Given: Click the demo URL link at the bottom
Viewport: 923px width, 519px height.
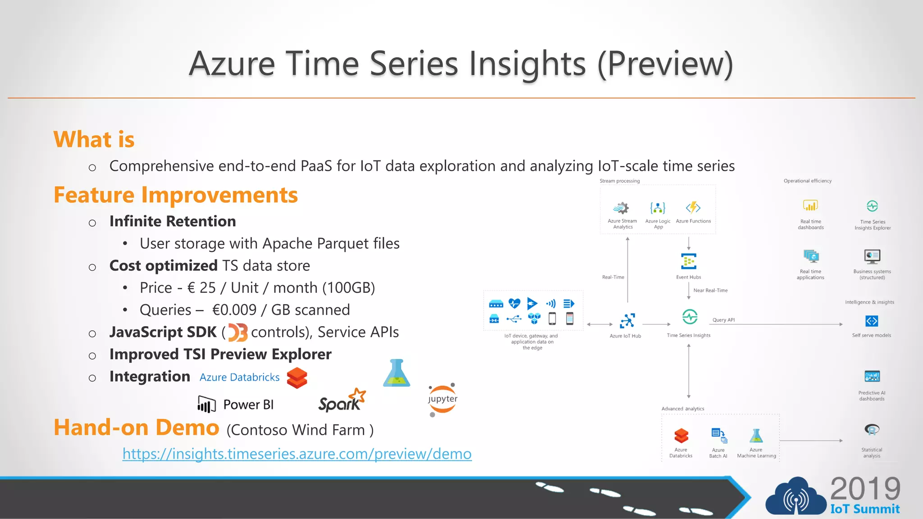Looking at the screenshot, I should click(x=297, y=454).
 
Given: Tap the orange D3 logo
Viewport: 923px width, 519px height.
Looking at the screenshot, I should click(x=238, y=333).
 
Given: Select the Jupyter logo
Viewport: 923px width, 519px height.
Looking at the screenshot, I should click(x=442, y=399).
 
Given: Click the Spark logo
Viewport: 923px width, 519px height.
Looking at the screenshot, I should click(x=341, y=401).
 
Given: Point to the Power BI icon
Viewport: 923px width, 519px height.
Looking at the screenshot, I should click(x=206, y=404).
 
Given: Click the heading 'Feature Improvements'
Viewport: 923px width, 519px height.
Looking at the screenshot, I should click(x=175, y=195).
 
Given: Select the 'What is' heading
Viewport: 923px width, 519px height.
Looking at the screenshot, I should click(x=94, y=139).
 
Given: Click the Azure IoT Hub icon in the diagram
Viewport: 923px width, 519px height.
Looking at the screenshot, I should click(x=627, y=321).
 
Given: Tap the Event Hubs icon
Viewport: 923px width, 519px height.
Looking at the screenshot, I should click(x=688, y=261).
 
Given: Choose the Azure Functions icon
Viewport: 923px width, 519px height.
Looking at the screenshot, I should click(x=693, y=208).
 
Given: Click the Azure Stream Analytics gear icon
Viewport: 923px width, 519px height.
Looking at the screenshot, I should click(x=621, y=208).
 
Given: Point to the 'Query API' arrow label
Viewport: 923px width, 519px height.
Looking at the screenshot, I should click(x=723, y=320).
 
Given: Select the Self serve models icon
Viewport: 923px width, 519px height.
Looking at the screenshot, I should click(x=872, y=321).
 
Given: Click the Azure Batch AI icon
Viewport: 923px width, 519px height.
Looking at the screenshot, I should click(x=718, y=435).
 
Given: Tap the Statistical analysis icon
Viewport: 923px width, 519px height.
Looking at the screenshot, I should click(x=872, y=430).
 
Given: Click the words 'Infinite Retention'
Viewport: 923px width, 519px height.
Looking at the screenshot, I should click(x=173, y=221).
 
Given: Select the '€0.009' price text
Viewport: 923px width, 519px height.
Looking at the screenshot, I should click(x=234, y=310).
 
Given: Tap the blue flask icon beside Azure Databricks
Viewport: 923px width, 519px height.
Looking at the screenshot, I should click(x=396, y=373).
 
